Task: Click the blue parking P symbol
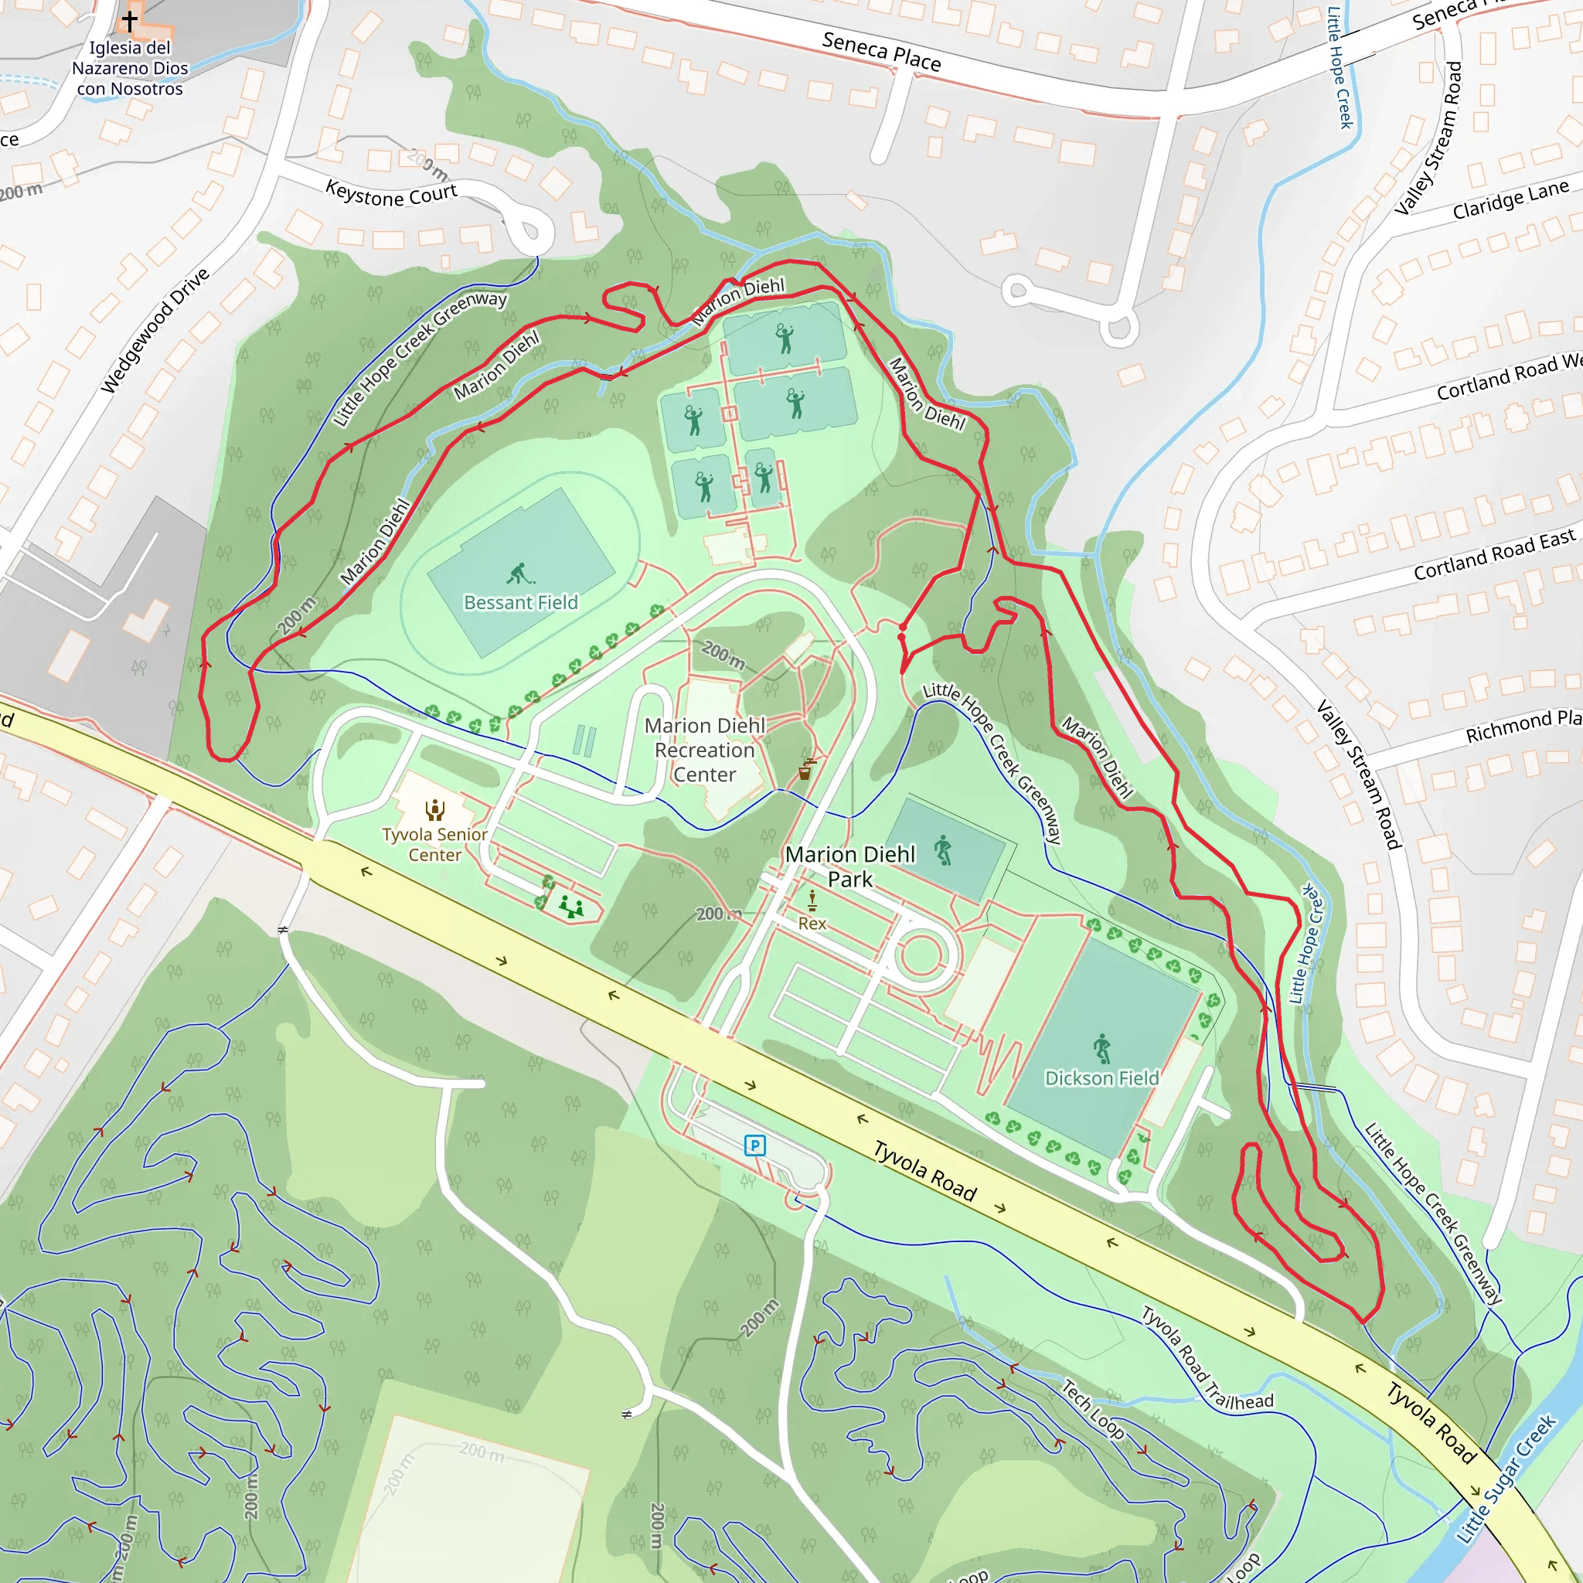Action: tap(754, 1145)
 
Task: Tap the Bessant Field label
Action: tap(520, 602)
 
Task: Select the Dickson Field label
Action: tap(1101, 1077)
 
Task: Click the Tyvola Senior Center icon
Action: tap(435, 810)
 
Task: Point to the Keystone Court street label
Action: tap(391, 195)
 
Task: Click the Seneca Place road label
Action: tap(882, 51)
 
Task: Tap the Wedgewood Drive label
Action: tap(155, 329)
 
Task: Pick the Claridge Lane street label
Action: tap(1510, 199)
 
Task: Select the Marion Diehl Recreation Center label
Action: tap(705, 750)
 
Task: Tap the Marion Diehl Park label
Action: tap(849, 866)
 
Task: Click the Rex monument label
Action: tap(812, 924)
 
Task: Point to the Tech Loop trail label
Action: tap(1093, 1408)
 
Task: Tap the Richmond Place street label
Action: tap(1523, 726)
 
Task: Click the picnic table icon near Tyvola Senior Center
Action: tap(571, 907)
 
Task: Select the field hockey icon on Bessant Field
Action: tap(519, 574)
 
